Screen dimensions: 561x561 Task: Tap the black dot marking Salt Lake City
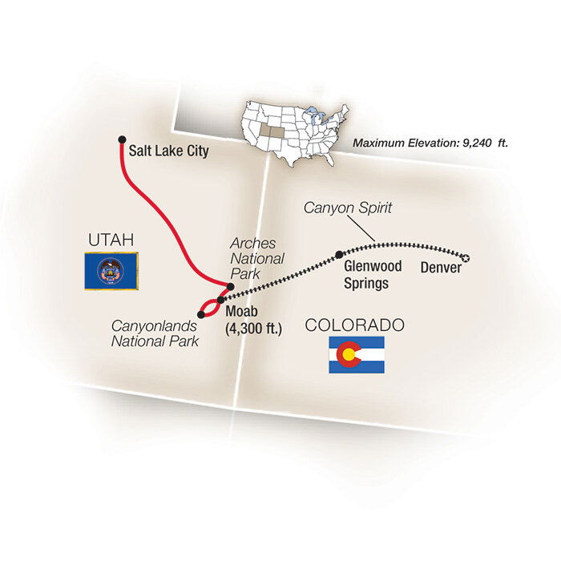(x=122, y=138)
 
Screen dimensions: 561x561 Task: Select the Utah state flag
(x=111, y=271)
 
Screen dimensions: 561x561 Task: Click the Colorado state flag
(x=356, y=354)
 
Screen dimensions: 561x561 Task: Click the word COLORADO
(x=354, y=325)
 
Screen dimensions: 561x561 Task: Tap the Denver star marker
(x=466, y=257)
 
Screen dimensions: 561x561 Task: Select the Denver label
(x=441, y=268)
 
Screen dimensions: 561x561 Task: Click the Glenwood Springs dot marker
(x=339, y=255)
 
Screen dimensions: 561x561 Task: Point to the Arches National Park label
(x=256, y=259)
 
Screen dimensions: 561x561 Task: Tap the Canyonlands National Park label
(x=155, y=334)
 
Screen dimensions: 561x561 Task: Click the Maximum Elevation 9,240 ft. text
(x=431, y=143)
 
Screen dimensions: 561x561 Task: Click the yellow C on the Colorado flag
(x=347, y=354)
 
